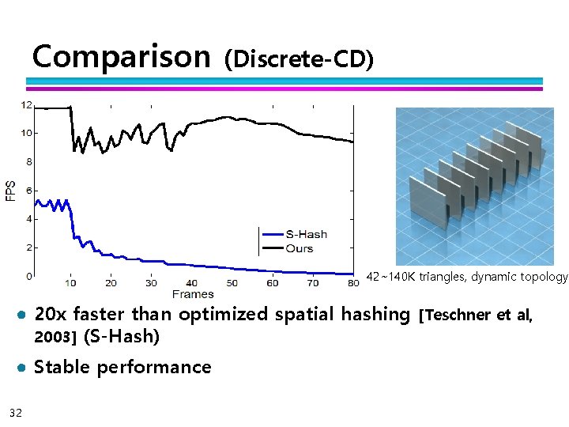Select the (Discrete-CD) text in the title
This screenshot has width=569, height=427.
pyautogui.click(x=299, y=59)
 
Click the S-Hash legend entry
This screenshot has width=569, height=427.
pyautogui.click(x=306, y=234)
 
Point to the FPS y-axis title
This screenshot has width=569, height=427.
pyautogui.click(x=11, y=191)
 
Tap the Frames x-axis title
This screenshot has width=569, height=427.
pyautogui.click(x=192, y=294)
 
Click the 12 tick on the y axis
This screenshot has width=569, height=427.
pyautogui.click(x=27, y=104)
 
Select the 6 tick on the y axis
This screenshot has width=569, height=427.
pyautogui.click(x=29, y=191)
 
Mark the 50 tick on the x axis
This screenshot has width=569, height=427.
pyautogui.click(x=232, y=283)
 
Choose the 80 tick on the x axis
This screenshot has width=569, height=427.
pyautogui.click(x=352, y=283)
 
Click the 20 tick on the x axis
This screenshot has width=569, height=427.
pyautogui.click(x=111, y=283)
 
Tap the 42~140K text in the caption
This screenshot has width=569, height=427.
pyautogui.click(x=390, y=277)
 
